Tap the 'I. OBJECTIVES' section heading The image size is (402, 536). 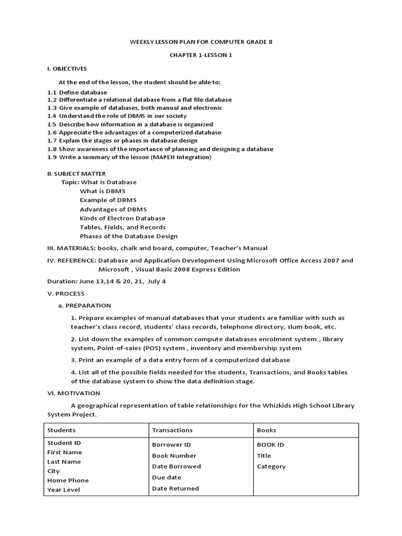coord(67,69)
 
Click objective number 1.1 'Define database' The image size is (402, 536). coord(77,92)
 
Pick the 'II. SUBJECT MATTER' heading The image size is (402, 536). coord(76,173)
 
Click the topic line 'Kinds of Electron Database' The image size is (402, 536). coord(122,218)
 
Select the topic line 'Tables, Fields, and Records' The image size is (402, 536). coord(122,227)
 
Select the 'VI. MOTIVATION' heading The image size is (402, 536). coord(74,393)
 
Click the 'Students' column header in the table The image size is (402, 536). coord(61,430)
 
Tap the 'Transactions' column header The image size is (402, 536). coord(172,430)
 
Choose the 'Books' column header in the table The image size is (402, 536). coord(266,430)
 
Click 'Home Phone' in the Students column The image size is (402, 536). coord(68,481)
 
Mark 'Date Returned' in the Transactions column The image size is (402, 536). coord(175,488)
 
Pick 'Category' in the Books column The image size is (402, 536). coord(271,466)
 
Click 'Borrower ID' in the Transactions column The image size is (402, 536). coord(172,445)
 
